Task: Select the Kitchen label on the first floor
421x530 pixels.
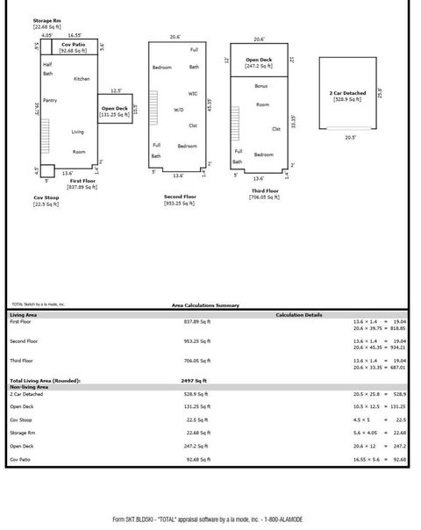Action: [x=82, y=79]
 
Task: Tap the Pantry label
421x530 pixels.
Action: [x=50, y=100]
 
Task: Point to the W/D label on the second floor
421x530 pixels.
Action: [x=179, y=110]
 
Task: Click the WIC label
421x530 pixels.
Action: [x=193, y=93]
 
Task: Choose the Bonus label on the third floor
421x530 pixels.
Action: [x=261, y=86]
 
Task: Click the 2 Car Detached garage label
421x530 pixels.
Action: [x=347, y=93]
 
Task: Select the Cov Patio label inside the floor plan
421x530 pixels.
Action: [x=73, y=44]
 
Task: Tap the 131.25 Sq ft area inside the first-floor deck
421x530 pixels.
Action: [x=114, y=114]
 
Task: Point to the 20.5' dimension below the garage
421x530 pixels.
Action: [x=350, y=137]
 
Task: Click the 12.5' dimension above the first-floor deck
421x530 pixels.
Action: [x=115, y=90]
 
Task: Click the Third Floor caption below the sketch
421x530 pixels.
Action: [x=264, y=190]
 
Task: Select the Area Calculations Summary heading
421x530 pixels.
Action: [x=204, y=305]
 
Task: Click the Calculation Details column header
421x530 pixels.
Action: [x=298, y=314]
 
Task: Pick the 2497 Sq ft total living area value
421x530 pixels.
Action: [x=194, y=381]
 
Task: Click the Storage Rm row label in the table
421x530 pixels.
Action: [x=23, y=432]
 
